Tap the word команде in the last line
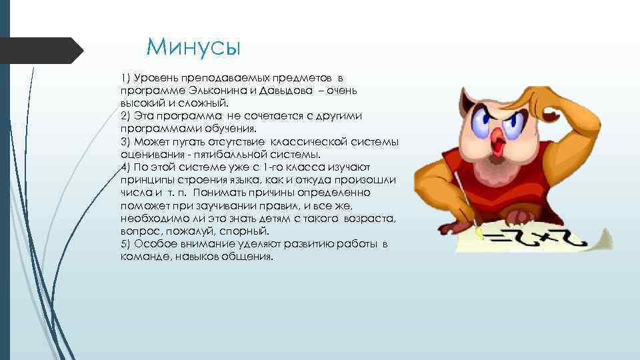click(142, 257)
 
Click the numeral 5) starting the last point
click(126, 244)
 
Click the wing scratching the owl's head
click(567, 113)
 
